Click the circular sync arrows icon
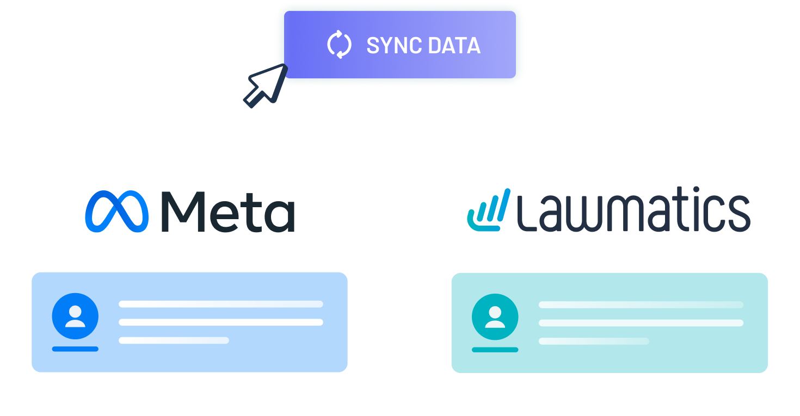(339, 45)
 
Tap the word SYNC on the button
(393, 45)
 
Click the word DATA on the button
(454, 45)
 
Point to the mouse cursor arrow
(266, 85)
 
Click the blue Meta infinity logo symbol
(117, 212)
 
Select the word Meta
(228, 212)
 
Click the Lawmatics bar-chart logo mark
(489, 210)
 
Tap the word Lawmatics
(633, 209)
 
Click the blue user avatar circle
(75, 316)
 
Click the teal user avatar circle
(495, 317)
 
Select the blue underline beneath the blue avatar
(75, 349)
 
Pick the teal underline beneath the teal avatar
(495, 350)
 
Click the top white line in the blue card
(221, 304)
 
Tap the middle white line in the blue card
(221, 322)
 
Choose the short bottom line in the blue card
(174, 340)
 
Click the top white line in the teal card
(641, 305)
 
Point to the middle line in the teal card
(641, 323)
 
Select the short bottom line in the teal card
(594, 341)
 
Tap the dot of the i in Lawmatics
(696, 189)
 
